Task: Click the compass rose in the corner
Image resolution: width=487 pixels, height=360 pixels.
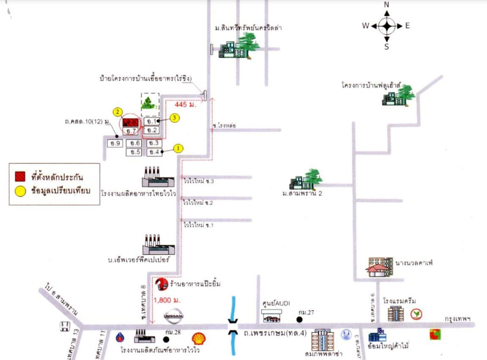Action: click(386, 26)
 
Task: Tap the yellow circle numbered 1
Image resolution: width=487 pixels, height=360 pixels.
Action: click(178, 148)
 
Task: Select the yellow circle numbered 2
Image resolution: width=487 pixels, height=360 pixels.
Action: click(117, 112)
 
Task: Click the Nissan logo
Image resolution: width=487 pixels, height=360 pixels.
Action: click(174, 316)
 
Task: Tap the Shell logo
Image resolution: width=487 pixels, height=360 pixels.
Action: click(199, 339)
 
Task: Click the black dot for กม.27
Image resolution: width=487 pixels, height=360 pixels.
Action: click(299, 319)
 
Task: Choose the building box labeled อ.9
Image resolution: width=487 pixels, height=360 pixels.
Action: click(114, 143)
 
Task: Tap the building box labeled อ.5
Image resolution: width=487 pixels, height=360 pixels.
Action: click(134, 152)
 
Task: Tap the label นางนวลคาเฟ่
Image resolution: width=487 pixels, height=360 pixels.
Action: click(411, 263)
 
